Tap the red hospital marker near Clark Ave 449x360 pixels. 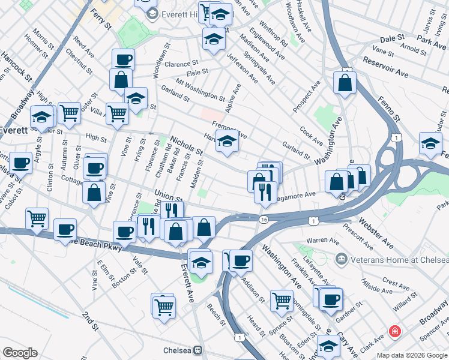point(394,331)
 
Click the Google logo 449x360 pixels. point(20,353)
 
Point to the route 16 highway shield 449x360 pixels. point(264,220)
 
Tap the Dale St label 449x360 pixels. point(393,38)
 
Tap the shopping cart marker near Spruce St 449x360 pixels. point(281,301)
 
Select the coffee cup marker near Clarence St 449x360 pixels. point(124,59)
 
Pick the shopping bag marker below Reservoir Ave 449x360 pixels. point(345,84)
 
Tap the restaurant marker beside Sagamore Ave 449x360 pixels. point(264,192)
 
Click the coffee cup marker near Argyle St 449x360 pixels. point(20,162)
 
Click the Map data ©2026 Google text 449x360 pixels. point(411,355)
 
